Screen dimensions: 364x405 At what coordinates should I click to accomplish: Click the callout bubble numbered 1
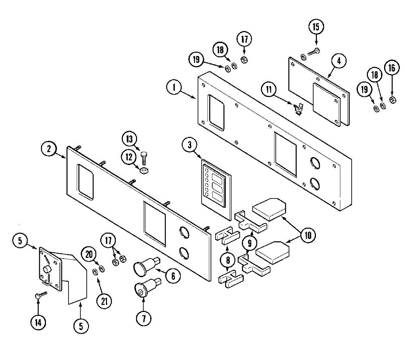tap(174, 88)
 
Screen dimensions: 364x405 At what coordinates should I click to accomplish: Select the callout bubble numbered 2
tap(49, 149)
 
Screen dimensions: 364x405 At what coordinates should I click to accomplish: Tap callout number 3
tap(190, 145)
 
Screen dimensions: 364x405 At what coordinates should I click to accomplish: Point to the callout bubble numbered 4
tap(339, 61)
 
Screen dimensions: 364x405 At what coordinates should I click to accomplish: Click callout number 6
tap(173, 276)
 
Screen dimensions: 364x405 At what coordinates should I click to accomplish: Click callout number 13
tap(130, 139)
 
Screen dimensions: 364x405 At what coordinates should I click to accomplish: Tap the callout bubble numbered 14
tap(38, 322)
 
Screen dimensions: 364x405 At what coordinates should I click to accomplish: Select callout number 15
tap(316, 27)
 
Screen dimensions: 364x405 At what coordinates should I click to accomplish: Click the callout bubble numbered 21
tap(104, 300)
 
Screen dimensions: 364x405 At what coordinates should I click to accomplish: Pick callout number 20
tap(89, 254)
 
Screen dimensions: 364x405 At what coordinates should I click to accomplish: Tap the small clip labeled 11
tap(298, 109)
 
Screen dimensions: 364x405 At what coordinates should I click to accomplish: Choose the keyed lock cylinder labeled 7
tap(141, 290)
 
